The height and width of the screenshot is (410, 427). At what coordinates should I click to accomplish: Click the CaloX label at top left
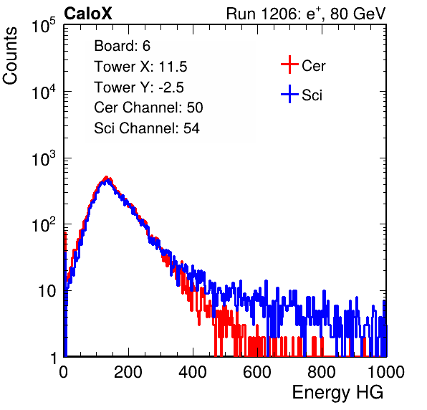88,14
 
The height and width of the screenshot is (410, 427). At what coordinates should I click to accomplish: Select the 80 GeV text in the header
358,14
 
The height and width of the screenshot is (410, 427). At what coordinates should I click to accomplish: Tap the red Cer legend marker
289,65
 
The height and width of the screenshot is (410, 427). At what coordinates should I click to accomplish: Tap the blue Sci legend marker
289,94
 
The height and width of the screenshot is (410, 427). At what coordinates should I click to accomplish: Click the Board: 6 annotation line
122,46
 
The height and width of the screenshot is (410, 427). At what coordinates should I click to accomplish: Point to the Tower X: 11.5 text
140,67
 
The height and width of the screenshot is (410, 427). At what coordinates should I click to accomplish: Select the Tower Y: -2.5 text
139,87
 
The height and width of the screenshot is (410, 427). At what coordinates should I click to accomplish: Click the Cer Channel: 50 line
148,108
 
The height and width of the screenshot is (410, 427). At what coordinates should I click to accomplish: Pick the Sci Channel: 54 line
147,128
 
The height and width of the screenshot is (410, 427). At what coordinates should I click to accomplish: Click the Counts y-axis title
10,55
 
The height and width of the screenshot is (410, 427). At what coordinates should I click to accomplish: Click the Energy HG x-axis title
337,393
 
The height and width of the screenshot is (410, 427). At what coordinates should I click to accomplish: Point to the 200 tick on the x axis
128,372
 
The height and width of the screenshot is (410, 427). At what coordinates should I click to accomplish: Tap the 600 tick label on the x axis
257,372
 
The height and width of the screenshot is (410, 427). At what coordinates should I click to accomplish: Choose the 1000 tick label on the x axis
386,372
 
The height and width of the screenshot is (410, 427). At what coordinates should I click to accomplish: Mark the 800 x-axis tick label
322,372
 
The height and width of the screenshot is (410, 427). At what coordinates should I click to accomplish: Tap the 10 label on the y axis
47,291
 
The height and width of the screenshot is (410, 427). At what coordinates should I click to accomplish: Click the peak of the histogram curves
107,178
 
